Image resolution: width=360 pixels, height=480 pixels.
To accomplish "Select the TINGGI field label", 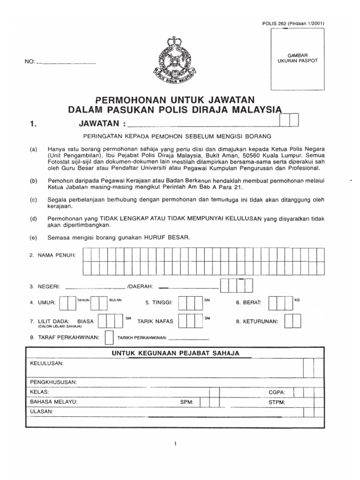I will tap(159, 303).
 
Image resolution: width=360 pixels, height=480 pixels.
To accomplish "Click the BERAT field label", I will tap(249, 303).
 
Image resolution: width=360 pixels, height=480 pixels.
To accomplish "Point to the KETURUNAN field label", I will tap(257, 322).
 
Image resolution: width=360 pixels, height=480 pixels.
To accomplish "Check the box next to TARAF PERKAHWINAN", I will tap(109, 337).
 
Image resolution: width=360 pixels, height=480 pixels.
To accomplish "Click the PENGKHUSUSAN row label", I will tap(53, 382).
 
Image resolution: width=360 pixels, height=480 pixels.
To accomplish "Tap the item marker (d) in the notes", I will tap(33, 218).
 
